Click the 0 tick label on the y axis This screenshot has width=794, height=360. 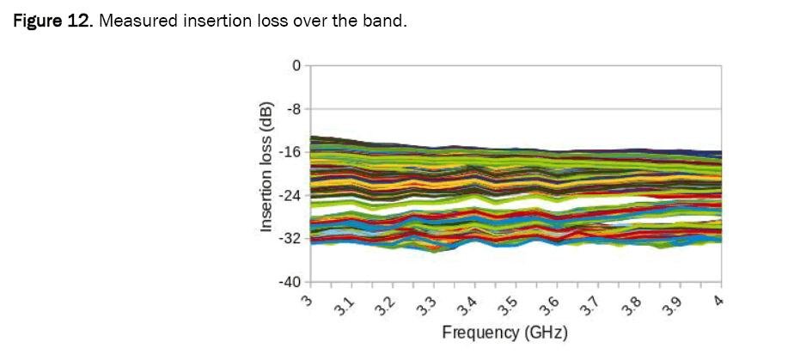coord(296,65)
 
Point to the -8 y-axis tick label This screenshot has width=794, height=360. coord(293,109)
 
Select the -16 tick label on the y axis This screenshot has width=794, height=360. coord(290,152)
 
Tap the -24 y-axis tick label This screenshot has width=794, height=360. coord(290,195)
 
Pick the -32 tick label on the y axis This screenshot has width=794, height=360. coord(290,238)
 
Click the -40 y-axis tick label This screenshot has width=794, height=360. coord(290,282)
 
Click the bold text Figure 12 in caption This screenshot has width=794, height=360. coord(51,21)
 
